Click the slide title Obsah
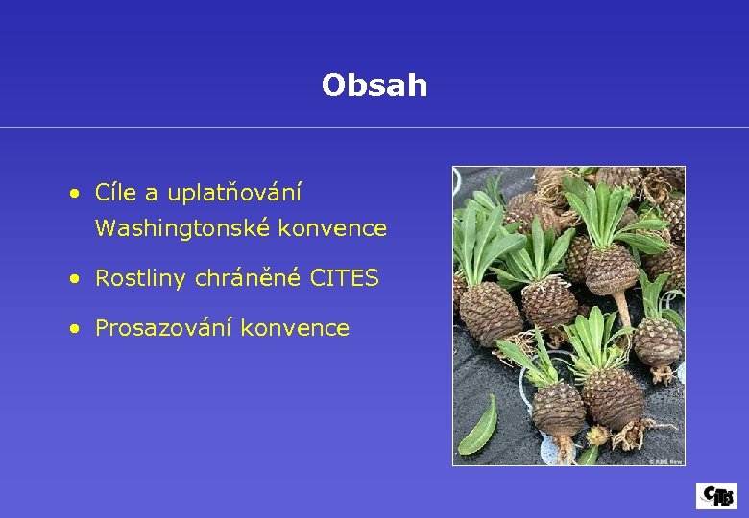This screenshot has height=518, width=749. click(x=374, y=85)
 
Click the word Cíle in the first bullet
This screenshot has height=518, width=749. click(x=116, y=193)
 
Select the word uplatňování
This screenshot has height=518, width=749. click(x=234, y=194)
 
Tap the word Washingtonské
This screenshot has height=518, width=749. click(x=164, y=228)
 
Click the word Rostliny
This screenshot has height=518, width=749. click(x=141, y=279)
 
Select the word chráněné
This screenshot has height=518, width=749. click(x=248, y=279)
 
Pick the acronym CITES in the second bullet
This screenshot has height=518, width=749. click(x=344, y=279)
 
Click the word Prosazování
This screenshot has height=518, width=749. click(x=164, y=329)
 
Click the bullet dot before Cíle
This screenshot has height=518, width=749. click(x=74, y=194)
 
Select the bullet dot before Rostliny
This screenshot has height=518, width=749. click(x=74, y=280)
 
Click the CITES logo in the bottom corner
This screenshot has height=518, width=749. click(x=716, y=496)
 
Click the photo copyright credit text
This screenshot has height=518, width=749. click(x=664, y=460)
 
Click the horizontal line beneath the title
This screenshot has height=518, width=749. click(x=374, y=127)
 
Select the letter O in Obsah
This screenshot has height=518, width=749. click(x=332, y=85)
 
